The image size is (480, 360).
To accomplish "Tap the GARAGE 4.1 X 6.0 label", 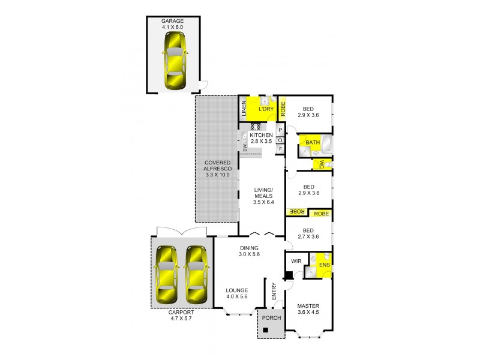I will pos(172,24).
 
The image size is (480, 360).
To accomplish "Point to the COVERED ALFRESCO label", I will pos(217,169).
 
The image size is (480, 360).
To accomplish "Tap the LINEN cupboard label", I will pos(244,109).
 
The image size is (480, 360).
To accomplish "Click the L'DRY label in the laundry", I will pos(266,109).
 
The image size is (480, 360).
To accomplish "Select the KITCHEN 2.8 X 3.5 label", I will pos(262,139).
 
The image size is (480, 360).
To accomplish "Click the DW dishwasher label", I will pos(245,147).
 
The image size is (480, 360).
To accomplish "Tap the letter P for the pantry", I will pos(280,130).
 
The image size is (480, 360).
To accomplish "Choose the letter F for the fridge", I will pos(280,149).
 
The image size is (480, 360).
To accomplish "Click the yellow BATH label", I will pos(313,142).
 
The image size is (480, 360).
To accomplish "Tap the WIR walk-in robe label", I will pos(296,262).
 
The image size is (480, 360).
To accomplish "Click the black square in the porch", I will pos(266,329).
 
